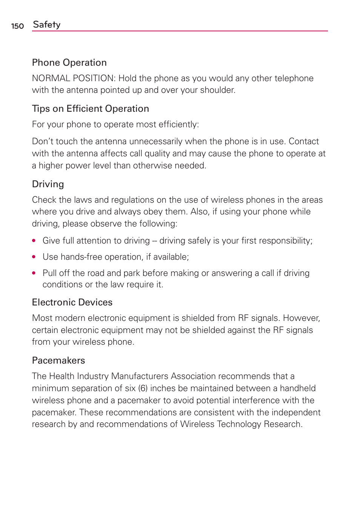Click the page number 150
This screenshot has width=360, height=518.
(17, 26)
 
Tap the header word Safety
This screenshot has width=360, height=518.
(47, 25)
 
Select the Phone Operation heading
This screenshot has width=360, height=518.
(69, 63)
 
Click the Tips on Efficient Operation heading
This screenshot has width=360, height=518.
(91, 109)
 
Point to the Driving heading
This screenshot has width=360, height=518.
(48, 184)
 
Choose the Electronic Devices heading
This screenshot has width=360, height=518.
(72, 302)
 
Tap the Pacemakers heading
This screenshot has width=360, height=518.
(58, 361)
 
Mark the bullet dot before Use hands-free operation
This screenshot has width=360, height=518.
(34, 257)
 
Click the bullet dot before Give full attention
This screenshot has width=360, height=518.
(34, 241)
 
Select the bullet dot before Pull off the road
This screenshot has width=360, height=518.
(34, 273)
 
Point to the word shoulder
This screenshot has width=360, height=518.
(218, 90)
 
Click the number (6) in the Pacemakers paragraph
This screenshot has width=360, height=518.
(143, 388)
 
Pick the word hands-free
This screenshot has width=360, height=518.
(82, 257)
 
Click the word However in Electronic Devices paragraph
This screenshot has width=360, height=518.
(301, 318)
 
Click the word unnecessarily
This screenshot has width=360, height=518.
(156, 142)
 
